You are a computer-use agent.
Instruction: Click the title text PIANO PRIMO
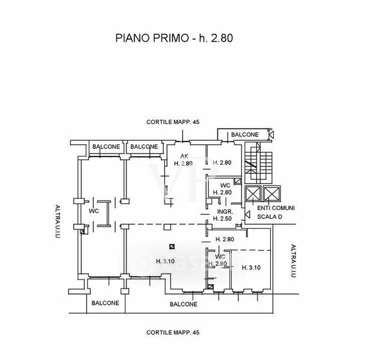click(151, 38)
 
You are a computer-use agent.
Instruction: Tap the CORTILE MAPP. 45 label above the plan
click(172, 122)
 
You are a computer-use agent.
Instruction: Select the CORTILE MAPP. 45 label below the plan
click(172, 332)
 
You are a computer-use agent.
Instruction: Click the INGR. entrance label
click(225, 211)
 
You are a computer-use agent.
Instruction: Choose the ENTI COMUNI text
click(275, 208)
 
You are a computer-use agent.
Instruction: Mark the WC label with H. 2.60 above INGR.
click(225, 185)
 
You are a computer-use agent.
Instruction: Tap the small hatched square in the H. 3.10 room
click(172, 246)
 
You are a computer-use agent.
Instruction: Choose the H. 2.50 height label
click(225, 218)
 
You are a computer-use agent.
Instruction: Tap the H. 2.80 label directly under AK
click(182, 163)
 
